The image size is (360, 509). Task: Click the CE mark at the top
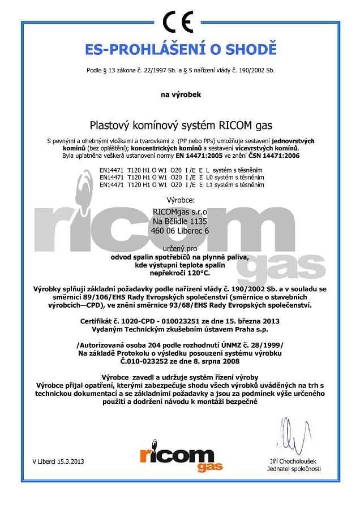point(180,22)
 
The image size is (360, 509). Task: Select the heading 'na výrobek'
point(180,95)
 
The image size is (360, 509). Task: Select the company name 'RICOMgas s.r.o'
point(181,212)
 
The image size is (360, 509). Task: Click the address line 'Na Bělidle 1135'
point(181,221)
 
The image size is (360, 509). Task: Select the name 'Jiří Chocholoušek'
point(295,461)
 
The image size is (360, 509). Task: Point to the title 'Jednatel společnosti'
point(295,469)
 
